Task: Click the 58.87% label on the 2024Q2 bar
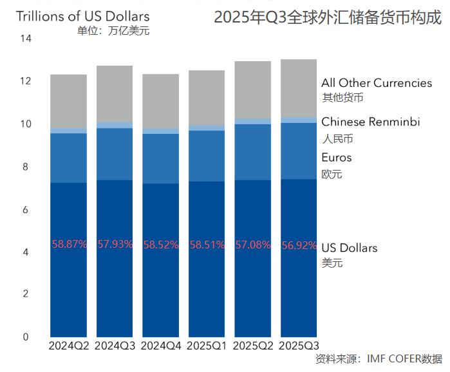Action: (x=69, y=245)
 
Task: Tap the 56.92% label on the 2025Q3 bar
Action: (x=299, y=245)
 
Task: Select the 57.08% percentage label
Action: (x=253, y=245)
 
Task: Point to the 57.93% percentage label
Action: (x=115, y=245)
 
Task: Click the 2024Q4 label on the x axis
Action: (x=161, y=346)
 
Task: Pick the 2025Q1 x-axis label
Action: (x=207, y=346)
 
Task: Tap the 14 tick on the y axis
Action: (x=26, y=39)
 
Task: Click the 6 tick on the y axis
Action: (x=26, y=209)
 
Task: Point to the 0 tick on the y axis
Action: (x=26, y=337)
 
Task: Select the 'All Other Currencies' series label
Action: (x=377, y=83)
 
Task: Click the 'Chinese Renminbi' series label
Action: (x=370, y=122)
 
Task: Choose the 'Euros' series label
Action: (x=337, y=158)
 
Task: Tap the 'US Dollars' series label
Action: (x=350, y=248)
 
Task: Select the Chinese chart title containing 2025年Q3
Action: (x=328, y=18)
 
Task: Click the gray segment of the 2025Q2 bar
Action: (x=253, y=90)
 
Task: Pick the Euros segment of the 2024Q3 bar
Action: (x=115, y=154)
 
